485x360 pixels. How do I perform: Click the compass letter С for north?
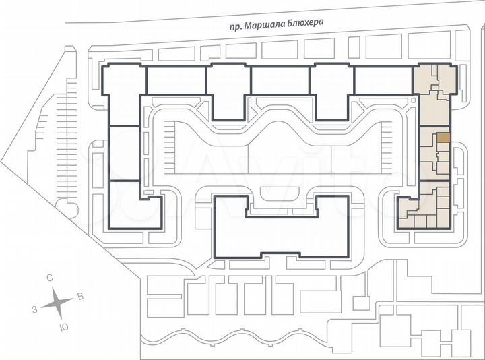50,278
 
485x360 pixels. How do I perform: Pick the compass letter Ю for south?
63,327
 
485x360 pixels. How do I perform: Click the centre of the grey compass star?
58,303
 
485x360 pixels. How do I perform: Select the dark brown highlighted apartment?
443,137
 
